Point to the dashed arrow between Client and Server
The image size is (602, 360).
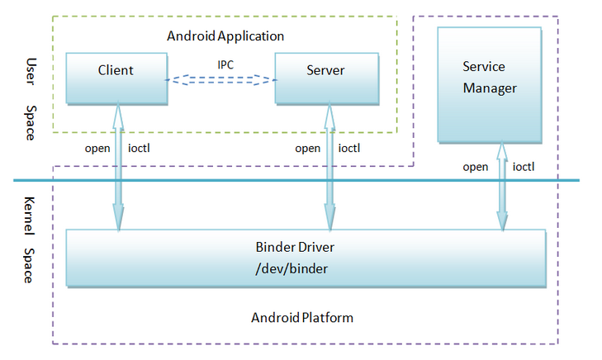[x=220, y=80]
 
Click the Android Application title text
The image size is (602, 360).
[x=225, y=36]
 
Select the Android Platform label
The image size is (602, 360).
[x=301, y=317]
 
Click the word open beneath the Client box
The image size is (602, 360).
[x=98, y=149]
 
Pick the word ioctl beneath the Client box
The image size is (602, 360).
[x=139, y=149]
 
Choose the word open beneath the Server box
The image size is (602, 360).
[x=307, y=149]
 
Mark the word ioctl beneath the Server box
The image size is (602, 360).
[x=349, y=149]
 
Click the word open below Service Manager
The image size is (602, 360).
[x=475, y=167]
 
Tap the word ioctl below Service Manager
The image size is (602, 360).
[x=524, y=167]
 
